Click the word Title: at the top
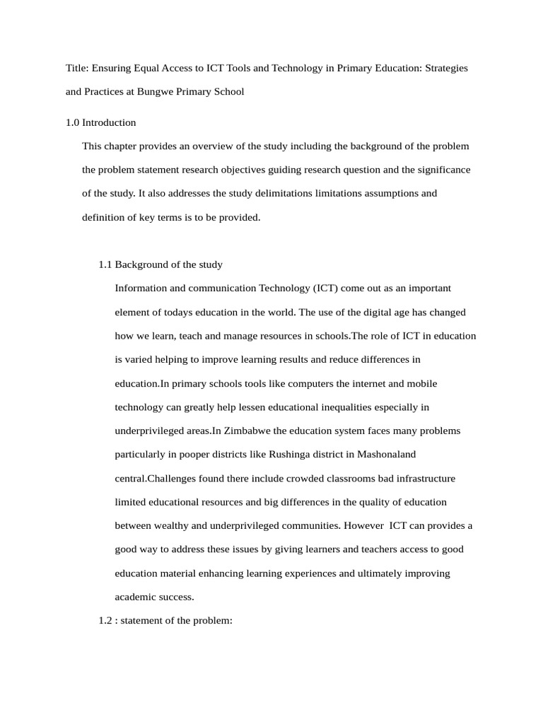77,68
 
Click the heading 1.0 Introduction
100,122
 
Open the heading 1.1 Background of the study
160,264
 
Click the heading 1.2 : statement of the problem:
165,620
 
